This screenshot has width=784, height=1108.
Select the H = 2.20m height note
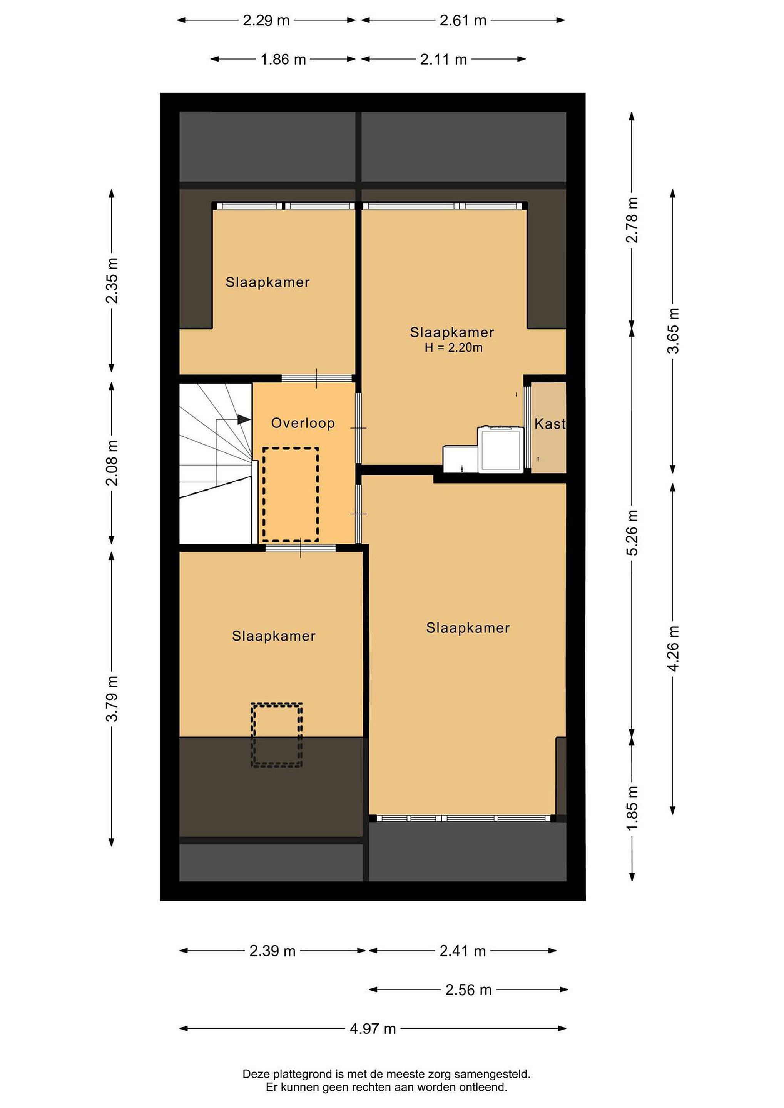point(453,348)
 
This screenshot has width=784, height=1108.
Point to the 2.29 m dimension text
point(266,20)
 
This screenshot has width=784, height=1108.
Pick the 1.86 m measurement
point(283,59)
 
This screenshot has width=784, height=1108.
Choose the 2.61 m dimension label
point(463,20)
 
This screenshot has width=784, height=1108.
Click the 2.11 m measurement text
point(444,59)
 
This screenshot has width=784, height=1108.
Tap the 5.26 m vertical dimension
point(632,532)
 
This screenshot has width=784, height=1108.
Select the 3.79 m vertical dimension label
point(112,698)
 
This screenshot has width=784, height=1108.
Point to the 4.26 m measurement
point(673,648)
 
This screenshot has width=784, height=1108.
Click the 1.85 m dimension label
point(632,808)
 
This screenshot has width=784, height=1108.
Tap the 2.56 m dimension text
point(468,990)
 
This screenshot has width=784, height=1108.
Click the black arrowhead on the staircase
point(244,419)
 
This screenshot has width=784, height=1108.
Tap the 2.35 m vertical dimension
point(112,280)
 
